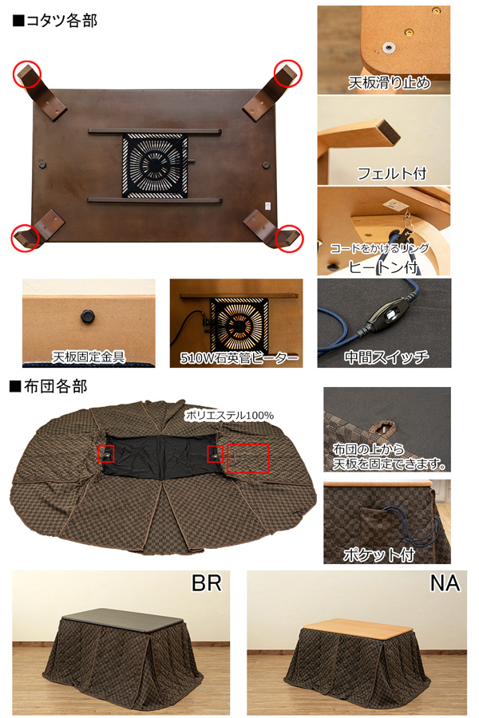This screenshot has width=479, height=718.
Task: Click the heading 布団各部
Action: [x=54, y=387]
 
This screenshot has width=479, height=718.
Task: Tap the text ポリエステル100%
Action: [x=229, y=415]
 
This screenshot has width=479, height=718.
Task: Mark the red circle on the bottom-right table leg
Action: [x=288, y=237]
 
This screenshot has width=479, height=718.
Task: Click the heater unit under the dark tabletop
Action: [x=155, y=165]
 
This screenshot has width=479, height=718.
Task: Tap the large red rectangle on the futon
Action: [x=247, y=459]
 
